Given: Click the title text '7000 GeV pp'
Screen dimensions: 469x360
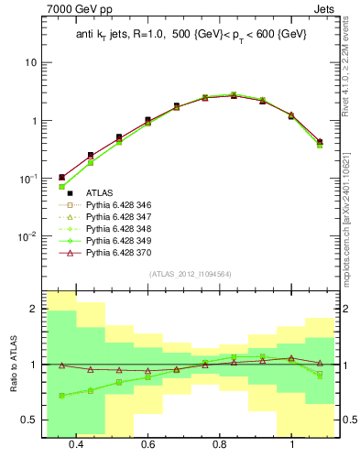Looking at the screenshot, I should click(x=75, y=9).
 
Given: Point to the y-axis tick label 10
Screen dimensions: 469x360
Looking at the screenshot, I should click(x=31, y=63).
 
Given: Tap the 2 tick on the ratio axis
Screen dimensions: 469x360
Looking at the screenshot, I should click(x=33, y=310).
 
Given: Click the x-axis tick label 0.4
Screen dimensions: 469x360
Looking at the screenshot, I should click(x=76, y=444).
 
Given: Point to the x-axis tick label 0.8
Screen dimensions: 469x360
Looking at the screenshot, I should click(x=220, y=444).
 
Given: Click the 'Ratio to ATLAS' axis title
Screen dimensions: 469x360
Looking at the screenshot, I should click(x=10, y=365).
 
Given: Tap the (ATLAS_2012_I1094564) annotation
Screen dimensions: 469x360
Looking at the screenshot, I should click(x=189, y=273).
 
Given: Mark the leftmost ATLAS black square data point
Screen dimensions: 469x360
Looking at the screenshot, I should click(x=62, y=177).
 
